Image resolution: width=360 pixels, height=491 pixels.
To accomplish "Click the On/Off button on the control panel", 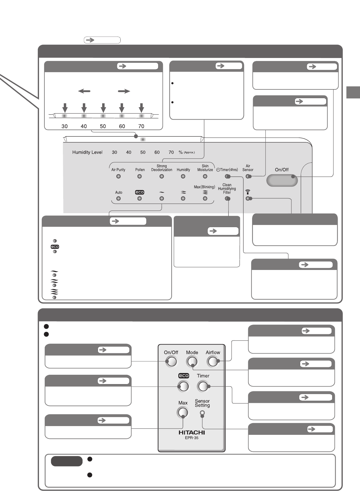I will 282,181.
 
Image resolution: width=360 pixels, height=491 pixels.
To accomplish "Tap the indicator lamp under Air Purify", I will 118,176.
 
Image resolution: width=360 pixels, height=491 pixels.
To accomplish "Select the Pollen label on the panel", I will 140,170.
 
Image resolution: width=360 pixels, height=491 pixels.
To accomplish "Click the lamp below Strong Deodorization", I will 162,176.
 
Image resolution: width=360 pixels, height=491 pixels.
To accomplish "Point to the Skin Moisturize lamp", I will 205,176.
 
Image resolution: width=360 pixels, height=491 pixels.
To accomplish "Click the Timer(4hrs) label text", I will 227,170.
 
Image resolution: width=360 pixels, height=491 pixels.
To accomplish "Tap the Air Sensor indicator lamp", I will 248,176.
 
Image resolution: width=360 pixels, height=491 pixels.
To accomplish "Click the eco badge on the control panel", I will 140,192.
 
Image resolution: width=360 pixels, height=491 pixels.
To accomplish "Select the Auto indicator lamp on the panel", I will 118,198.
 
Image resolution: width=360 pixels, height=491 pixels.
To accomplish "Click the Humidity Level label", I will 87,152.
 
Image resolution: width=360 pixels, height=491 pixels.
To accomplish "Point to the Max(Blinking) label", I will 204,187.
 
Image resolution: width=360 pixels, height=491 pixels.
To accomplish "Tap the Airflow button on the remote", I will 213,361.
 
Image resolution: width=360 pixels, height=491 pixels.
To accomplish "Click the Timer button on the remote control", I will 203,386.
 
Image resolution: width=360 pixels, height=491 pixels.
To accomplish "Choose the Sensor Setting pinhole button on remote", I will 203,413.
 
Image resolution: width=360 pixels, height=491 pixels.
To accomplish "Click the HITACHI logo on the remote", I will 192,432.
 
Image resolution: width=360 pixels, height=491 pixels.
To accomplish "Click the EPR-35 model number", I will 192,438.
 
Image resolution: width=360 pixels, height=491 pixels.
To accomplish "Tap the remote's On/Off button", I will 171,361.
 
